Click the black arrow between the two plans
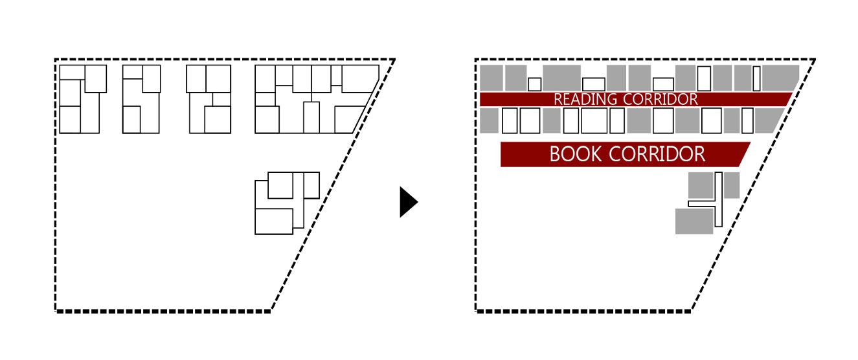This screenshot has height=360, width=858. click(408, 202)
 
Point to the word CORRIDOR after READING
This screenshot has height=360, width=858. click(660, 99)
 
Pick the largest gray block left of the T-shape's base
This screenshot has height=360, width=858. click(694, 221)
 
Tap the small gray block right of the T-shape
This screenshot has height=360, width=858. click(731, 185)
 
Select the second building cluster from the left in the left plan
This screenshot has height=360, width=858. click(141, 99)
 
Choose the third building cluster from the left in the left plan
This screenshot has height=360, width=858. click(209, 99)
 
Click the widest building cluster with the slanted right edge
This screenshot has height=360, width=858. click(311, 99)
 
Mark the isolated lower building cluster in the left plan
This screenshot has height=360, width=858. click(285, 202)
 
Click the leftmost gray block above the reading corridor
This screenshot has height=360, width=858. click(491, 78)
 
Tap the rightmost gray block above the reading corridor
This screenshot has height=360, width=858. click(780, 78)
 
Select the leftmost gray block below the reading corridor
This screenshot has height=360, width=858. click(489, 120)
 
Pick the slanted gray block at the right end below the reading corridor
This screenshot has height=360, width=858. click(768, 120)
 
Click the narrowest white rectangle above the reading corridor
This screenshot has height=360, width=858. click(756, 78)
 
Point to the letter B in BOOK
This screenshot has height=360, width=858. click(555, 154)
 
